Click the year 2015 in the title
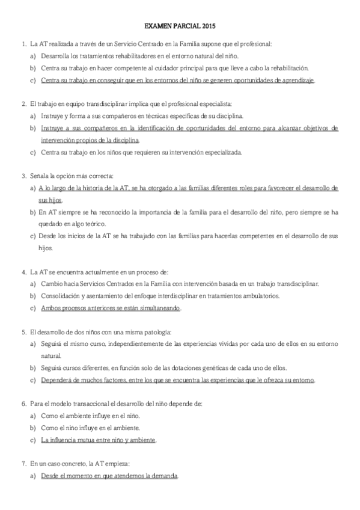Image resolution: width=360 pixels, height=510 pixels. [207, 27]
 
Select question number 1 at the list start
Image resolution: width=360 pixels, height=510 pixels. [23, 44]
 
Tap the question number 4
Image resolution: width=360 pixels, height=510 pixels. [23, 272]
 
